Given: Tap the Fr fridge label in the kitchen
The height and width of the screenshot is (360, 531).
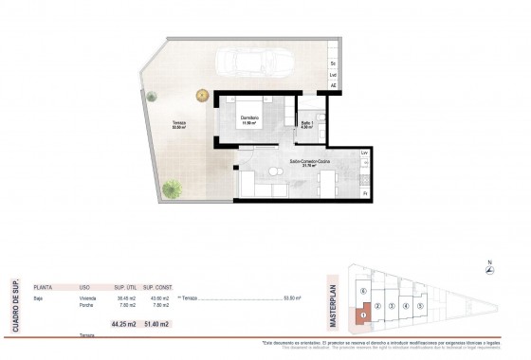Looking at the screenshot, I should point(364,194).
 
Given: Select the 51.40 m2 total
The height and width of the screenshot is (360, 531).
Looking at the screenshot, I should point(156,325).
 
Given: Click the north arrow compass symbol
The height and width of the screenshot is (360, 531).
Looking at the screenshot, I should point(488,271).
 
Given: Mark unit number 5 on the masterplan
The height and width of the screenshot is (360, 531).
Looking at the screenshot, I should point(420,306).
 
